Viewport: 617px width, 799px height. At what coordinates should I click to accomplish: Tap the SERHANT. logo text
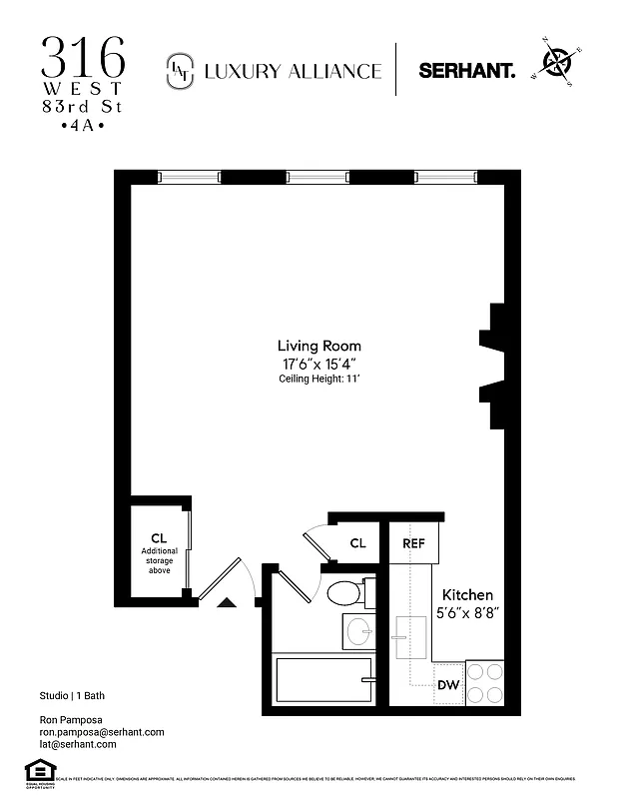pyautogui.click(x=466, y=71)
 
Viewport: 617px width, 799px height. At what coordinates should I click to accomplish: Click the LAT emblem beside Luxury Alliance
pyautogui.click(x=180, y=70)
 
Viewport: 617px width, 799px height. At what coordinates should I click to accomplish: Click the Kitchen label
pyautogui.click(x=467, y=594)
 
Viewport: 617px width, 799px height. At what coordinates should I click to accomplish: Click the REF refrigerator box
pyautogui.click(x=413, y=543)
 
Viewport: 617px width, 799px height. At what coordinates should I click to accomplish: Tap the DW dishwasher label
pyautogui.click(x=448, y=685)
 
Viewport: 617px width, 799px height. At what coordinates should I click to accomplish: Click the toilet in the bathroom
pyautogui.click(x=346, y=593)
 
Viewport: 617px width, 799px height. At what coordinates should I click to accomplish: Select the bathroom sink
pyautogui.click(x=358, y=630)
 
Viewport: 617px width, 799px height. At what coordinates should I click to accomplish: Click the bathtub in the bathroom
pyautogui.click(x=322, y=681)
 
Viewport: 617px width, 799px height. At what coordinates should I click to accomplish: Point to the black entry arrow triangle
pyautogui.click(x=227, y=601)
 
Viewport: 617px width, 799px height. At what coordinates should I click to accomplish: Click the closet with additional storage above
pyautogui.click(x=158, y=552)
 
